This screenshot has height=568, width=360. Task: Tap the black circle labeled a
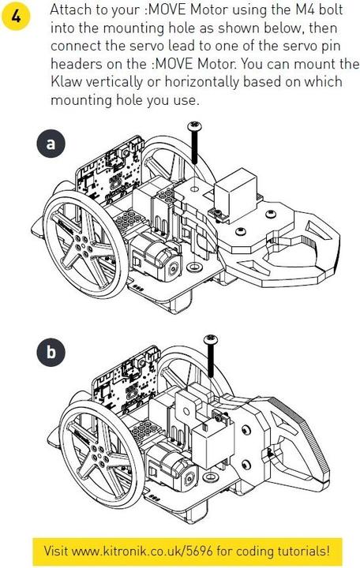click(x=51, y=144)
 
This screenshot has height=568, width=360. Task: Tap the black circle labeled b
click(x=51, y=353)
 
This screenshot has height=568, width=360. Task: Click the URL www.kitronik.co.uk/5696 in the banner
click(x=159, y=549)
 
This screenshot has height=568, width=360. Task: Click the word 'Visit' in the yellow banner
click(x=58, y=549)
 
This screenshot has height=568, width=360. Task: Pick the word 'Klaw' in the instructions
click(x=68, y=81)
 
